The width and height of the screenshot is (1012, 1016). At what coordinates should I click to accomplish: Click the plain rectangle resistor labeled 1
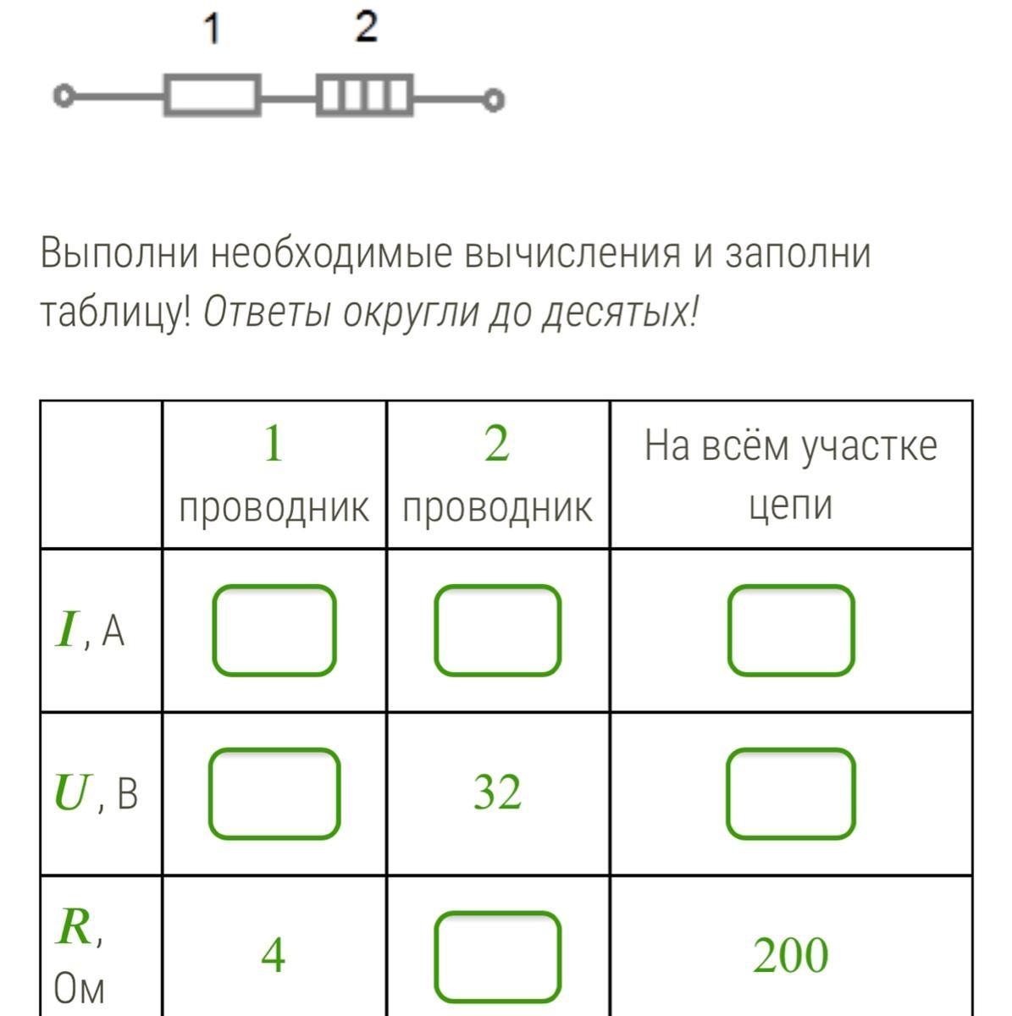[212, 95]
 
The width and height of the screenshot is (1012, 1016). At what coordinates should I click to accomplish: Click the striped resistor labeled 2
[365, 95]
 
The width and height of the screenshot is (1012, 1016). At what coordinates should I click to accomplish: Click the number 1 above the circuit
[212, 30]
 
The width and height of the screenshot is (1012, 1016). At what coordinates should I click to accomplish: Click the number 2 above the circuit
[366, 28]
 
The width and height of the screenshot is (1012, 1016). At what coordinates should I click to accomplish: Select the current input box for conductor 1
[274, 631]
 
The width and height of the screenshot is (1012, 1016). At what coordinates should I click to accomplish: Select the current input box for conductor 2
[497, 631]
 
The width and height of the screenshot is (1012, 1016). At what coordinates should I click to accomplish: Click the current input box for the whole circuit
[790, 631]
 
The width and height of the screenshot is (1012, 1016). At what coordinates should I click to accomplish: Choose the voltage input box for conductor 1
[274, 793]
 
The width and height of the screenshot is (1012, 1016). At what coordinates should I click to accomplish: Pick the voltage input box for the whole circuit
[790, 793]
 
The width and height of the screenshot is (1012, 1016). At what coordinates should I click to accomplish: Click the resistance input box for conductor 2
[497, 956]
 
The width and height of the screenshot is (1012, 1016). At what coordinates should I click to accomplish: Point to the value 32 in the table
[497, 793]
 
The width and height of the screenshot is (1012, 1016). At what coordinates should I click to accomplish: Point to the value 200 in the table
[790, 956]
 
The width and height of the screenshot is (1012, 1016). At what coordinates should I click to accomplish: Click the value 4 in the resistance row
[273, 956]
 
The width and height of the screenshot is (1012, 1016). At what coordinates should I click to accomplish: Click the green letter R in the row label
[75, 928]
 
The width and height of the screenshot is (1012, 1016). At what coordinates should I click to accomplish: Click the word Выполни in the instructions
[119, 253]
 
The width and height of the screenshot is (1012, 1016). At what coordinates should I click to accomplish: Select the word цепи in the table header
[790, 505]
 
